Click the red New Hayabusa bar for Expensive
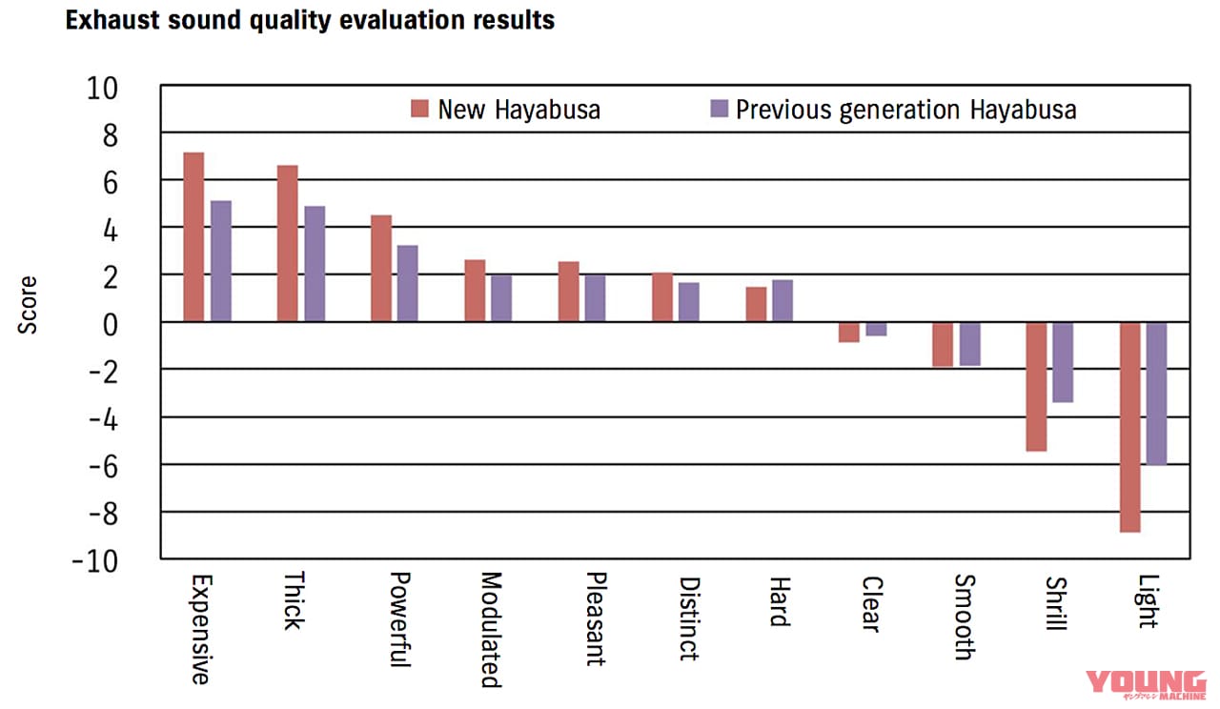[193, 237]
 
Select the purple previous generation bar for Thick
[315, 264]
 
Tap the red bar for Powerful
[380, 269]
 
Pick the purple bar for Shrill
[1064, 362]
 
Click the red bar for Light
[1129, 427]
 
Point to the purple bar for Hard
[783, 300]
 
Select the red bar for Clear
[848, 332]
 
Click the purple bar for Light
[1156, 393]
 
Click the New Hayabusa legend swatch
[420, 109]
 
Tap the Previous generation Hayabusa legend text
[905, 110]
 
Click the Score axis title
[29, 305]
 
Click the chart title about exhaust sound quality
[310, 20]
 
